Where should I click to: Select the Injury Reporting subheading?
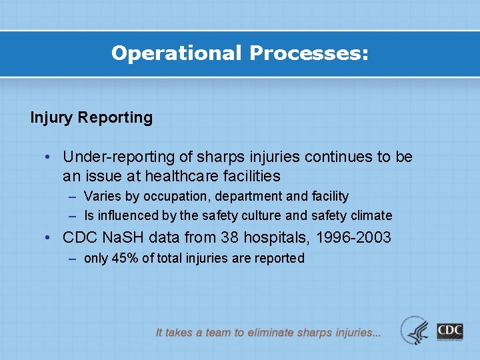(91, 118)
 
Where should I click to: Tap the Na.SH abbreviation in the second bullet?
(124, 238)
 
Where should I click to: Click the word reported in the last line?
(279, 259)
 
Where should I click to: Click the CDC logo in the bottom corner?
(450, 331)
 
